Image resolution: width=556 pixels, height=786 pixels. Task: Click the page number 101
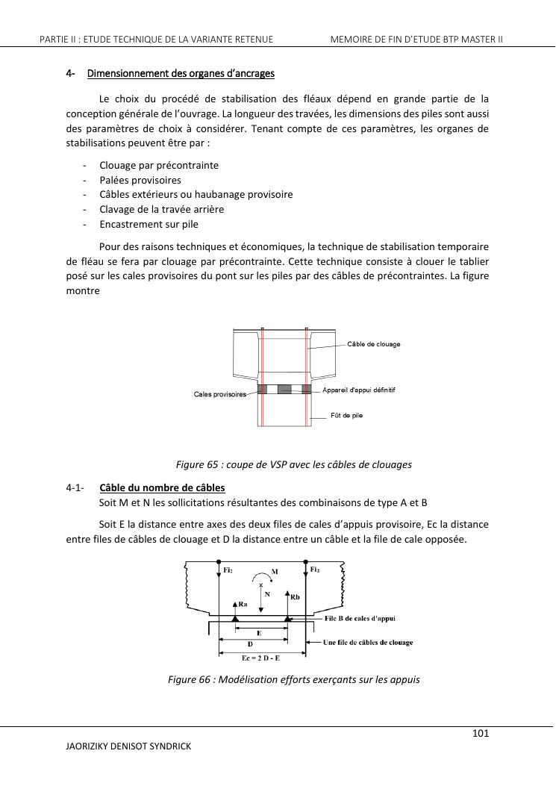pyautogui.click(x=481, y=733)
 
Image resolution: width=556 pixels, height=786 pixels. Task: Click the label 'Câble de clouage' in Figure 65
pyautogui.click(x=374, y=344)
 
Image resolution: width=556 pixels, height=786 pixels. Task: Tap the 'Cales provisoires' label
pyautogui.click(x=220, y=394)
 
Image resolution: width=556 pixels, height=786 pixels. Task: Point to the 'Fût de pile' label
pyautogui.click(x=346, y=415)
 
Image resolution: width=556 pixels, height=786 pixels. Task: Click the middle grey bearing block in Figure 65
pyautogui.click(x=284, y=389)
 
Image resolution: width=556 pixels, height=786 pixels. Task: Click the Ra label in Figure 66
pyautogui.click(x=243, y=605)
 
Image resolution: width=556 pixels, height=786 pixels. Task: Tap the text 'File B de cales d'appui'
pyautogui.click(x=360, y=618)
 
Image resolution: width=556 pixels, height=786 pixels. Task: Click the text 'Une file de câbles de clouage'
pyautogui.click(x=368, y=642)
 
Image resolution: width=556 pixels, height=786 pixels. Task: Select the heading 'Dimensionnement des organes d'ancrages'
pyautogui.click(x=181, y=73)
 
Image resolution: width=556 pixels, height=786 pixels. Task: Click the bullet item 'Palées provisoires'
pyautogui.click(x=140, y=180)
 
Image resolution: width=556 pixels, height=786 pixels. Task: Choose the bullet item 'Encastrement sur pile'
pyautogui.click(x=149, y=224)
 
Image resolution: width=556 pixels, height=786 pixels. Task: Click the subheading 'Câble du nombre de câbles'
pyautogui.click(x=162, y=488)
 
